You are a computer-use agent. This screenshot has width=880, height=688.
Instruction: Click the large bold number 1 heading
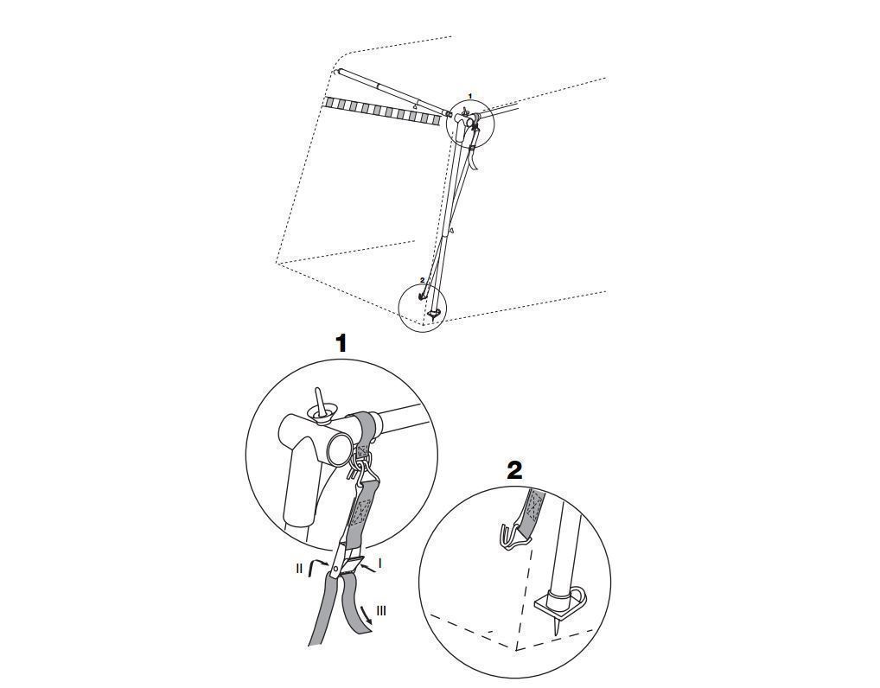341,343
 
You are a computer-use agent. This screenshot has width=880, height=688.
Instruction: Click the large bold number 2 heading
514,471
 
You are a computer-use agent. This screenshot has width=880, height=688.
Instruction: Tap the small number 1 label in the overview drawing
470,96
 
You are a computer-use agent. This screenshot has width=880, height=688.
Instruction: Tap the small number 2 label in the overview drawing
422,279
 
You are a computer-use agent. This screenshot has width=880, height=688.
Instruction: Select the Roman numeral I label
380,562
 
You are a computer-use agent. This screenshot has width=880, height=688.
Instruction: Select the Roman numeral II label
299,569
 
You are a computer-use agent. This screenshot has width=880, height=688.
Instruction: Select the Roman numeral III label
381,610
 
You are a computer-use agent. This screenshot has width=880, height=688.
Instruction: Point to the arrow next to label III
365,615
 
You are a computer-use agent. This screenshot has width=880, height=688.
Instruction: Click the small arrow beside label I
368,569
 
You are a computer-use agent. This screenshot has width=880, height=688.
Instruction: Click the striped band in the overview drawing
381,110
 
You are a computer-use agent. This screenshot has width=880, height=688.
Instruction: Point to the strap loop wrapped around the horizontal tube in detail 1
365,430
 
